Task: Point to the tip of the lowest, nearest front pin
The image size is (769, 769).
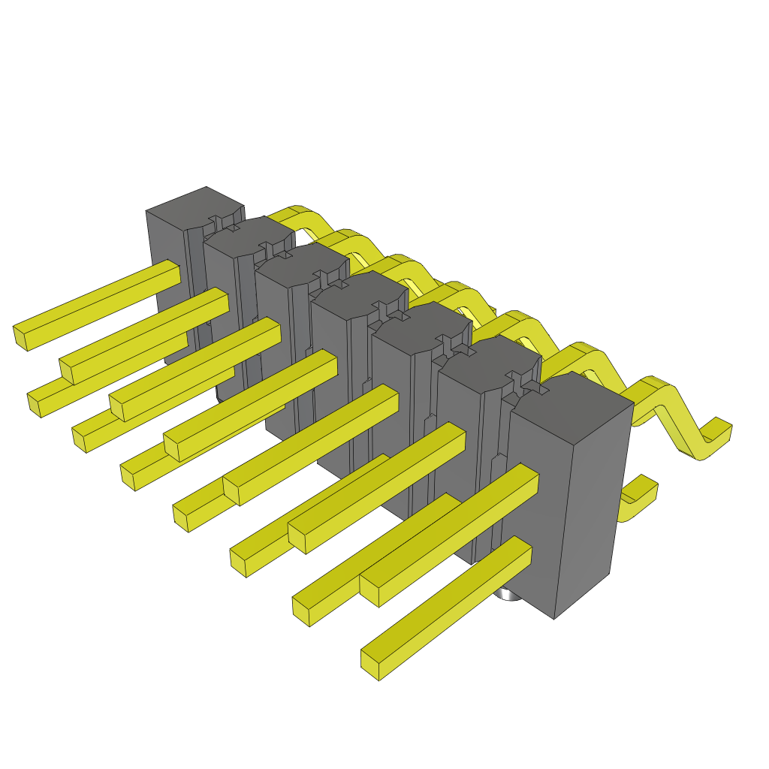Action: point(369,665)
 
